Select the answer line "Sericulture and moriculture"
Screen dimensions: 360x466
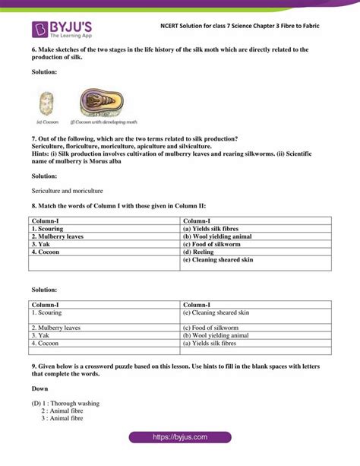tap(68, 191)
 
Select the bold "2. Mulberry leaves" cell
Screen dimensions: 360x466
tap(58, 236)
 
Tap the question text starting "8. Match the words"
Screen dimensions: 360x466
tap(118, 206)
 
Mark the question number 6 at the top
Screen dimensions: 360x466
tap(34, 50)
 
